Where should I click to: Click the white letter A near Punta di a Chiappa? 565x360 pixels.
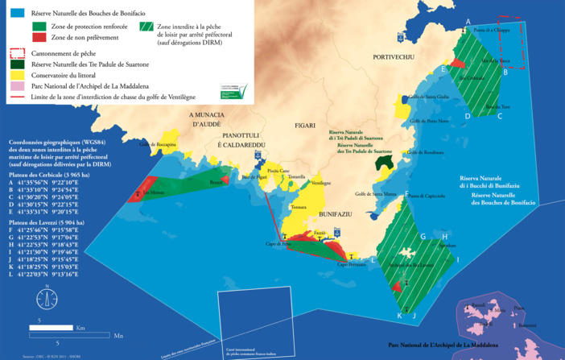click(x=468, y=22)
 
